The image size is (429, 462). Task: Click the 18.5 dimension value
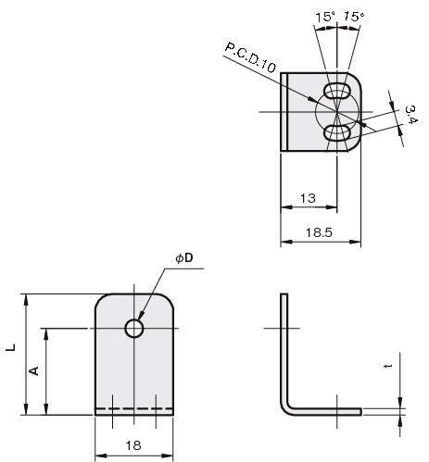(319, 232)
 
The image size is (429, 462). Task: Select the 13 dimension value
(308, 198)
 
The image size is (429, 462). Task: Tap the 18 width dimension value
(133, 445)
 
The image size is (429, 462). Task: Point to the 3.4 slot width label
(411, 114)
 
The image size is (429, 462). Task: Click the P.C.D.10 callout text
(250, 57)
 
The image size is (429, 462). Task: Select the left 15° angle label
(325, 17)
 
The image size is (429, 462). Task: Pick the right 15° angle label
(354, 16)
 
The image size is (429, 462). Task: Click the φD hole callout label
(184, 258)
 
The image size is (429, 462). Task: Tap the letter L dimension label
(11, 347)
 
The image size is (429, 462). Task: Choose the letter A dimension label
(34, 370)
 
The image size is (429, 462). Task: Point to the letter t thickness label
(388, 366)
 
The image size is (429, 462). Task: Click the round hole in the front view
(134, 328)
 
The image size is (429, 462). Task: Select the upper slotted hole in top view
(337, 91)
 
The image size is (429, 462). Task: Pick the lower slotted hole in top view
(337, 132)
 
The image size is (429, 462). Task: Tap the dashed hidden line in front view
(134, 408)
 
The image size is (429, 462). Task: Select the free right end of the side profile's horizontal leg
(361, 411)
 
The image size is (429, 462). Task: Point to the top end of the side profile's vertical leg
(284, 293)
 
